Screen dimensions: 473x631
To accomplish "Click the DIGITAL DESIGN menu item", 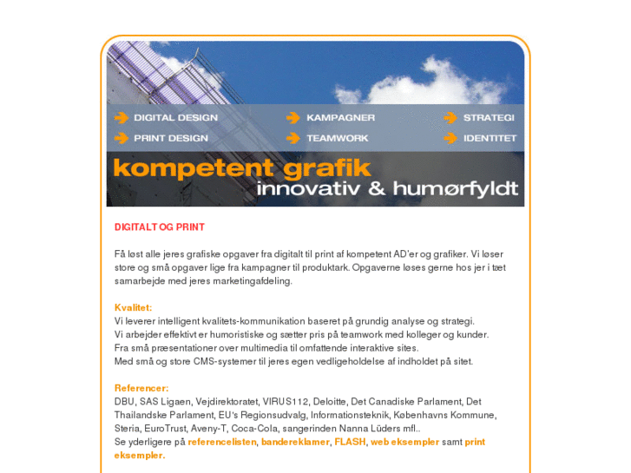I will pyautogui.click(x=175, y=117).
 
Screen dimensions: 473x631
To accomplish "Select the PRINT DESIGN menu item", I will pyautogui.click(x=170, y=138).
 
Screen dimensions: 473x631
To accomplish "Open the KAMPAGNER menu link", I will pyautogui.click(x=340, y=117).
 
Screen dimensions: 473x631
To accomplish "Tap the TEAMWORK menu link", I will pyautogui.click(x=337, y=138).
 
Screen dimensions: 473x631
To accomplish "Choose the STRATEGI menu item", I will pyautogui.click(x=489, y=117).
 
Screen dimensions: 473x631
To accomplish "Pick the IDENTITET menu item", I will pyautogui.click(x=490, y=138).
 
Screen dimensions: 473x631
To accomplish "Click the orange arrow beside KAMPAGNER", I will pyautogui.click(x=293, y=117).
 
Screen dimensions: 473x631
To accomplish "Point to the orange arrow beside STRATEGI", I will pyautogui.click(x=450, y=117).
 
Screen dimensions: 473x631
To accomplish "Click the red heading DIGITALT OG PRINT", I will pyautogui.click(x=160, y=227).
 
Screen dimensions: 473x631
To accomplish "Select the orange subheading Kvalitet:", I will pyautogui.click(x=133, y=307).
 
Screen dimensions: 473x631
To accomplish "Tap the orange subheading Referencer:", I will pyautogui.click(x=141, y=388).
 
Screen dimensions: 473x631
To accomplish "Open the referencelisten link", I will pyautogui.click(x=222, y=442).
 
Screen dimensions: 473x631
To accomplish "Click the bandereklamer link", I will pyautogui.click(x=295, y=442).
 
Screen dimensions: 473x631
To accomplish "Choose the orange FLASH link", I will pyautogui.click(x=349, y=442).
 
